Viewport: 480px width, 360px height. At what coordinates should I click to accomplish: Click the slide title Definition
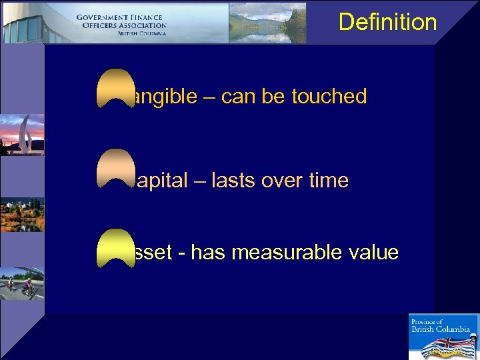click(387, 22)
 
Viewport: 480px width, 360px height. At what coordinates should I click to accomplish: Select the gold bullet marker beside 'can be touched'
click(115, 88)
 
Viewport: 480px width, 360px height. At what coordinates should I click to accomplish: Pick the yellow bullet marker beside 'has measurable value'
click(115, 248)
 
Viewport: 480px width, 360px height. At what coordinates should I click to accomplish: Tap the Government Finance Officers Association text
click(121, 25)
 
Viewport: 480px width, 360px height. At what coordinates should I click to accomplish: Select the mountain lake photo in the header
click(267, 23)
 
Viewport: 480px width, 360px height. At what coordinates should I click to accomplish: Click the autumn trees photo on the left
click(21, 214)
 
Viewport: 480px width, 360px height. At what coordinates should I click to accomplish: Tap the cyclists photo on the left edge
click(21, 284)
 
